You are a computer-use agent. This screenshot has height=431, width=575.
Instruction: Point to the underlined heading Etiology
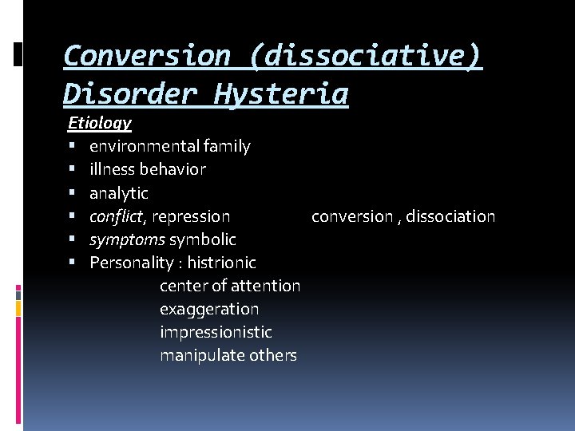pos(100,123)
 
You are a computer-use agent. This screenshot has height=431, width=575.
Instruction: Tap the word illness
pos(112,169)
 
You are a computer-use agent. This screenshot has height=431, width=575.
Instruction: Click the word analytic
pos(119,193)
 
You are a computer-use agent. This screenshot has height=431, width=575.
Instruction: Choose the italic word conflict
pos(117,216)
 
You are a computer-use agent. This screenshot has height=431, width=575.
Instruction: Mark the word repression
pos(191,216)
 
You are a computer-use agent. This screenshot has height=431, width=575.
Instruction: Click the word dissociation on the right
pos(450,216)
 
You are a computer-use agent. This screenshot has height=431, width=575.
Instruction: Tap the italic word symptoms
pos(127,239)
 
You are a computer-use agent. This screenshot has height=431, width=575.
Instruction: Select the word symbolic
pos(203,239)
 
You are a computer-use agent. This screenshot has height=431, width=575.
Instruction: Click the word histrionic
pos(222,263)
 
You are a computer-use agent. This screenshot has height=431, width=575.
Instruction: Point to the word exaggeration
pos(209,309)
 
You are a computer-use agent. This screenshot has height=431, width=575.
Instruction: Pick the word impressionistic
pos(216,332)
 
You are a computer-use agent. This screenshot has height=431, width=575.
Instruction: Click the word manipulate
pos(199,355)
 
